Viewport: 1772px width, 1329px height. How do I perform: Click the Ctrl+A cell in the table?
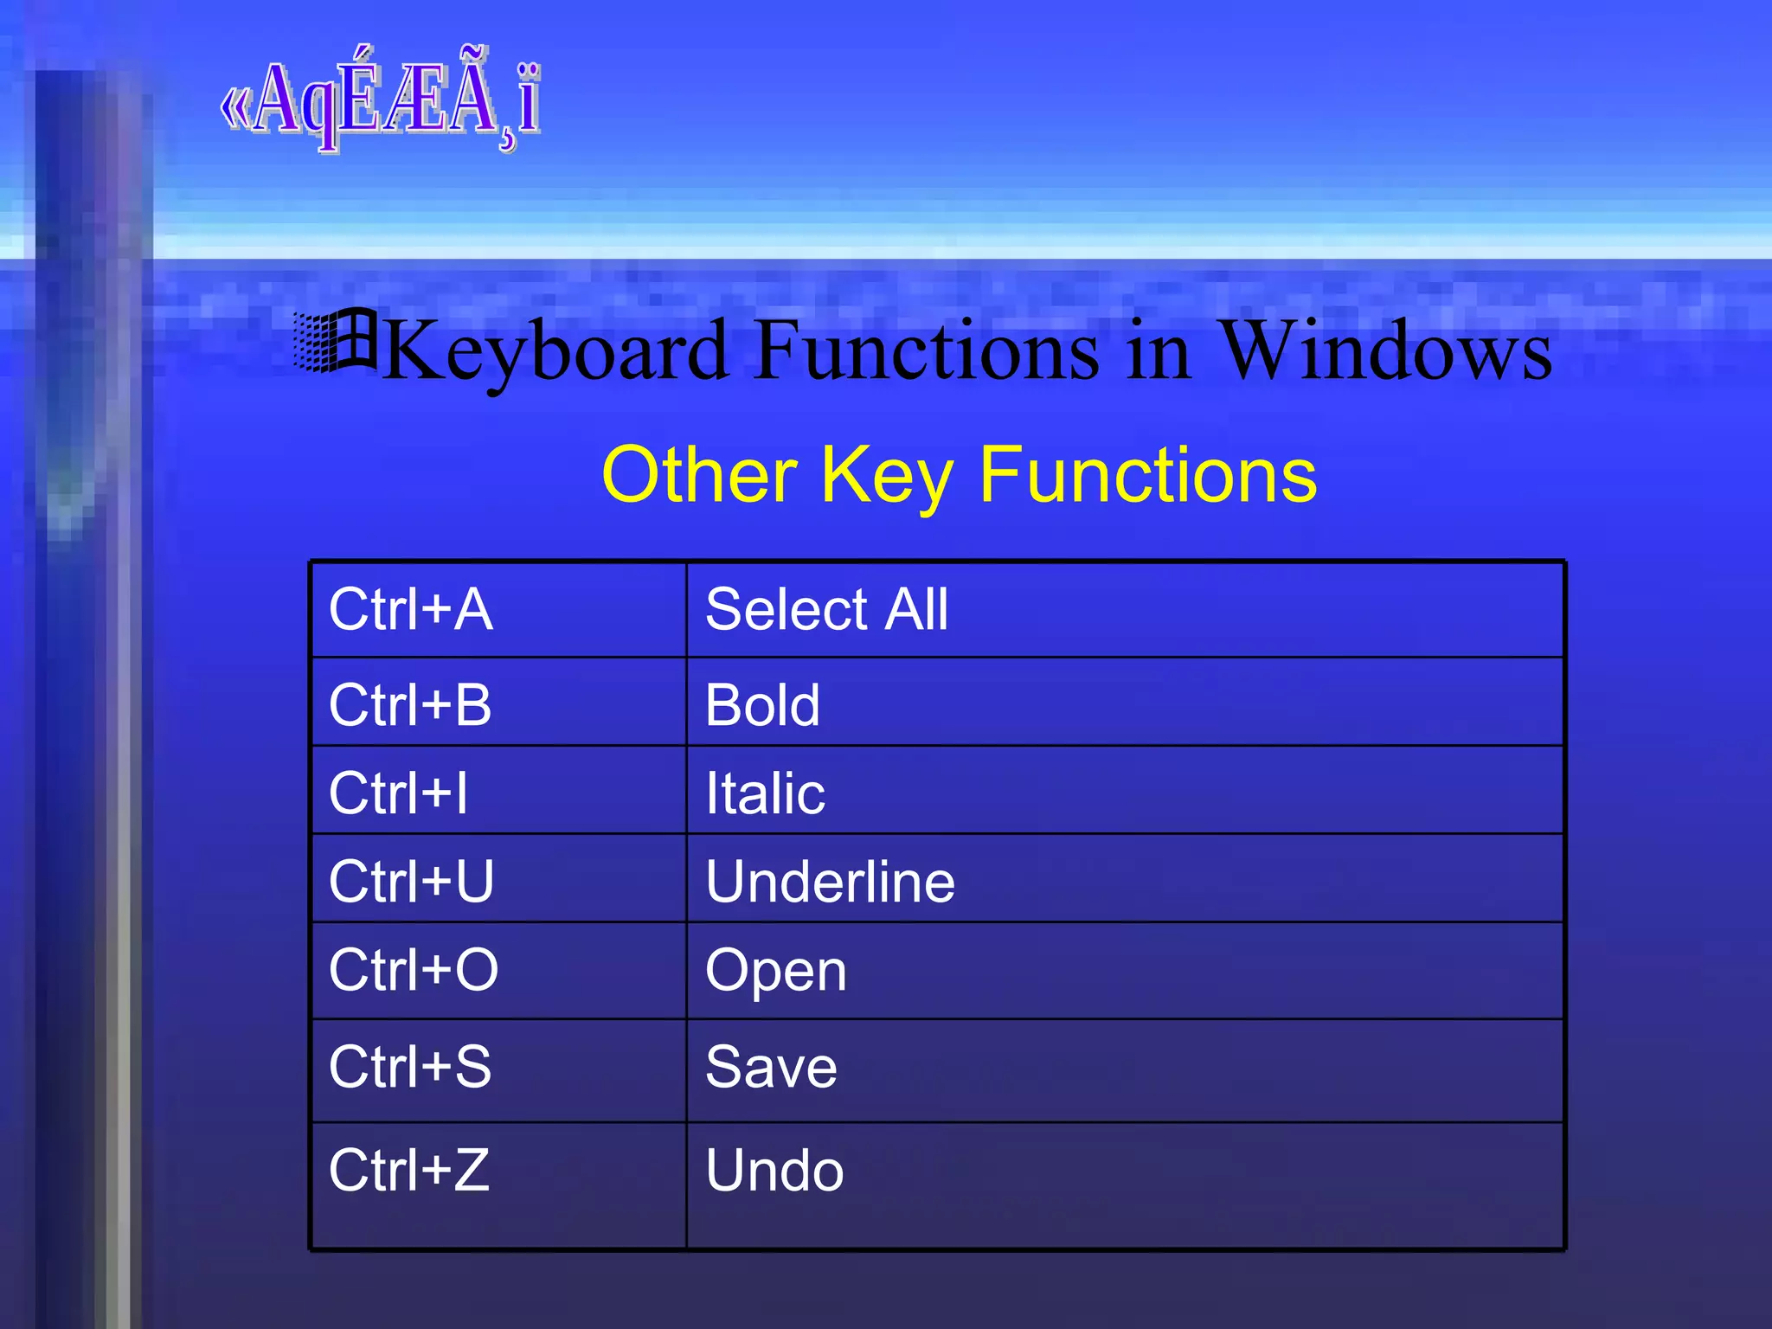tap(411, 609)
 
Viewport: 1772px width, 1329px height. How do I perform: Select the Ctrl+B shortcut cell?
tap(410, 704)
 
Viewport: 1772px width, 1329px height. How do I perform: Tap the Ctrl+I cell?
tap(398, 793)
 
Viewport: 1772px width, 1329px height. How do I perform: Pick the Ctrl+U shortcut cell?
tap(411, 881)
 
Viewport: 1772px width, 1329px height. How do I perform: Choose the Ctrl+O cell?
tap(414, 969)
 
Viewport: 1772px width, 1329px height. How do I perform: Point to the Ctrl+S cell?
tap(410, 1066)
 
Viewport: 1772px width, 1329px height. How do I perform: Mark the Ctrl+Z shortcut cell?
tap(409, 1170)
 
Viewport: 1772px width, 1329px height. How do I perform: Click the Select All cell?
tap(826, 609)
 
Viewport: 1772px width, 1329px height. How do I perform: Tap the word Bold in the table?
tap(762, 704)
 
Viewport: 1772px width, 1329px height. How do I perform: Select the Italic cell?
tap(765, 793)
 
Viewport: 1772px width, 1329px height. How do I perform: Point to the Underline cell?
tap(830, 881)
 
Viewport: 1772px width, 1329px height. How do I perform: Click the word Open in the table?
tap(775, 971)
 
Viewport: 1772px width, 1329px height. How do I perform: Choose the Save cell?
tap(771, 1066)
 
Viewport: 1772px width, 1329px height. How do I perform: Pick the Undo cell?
tap(774, 1170)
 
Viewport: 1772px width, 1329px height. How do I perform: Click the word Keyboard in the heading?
tap(555, 350)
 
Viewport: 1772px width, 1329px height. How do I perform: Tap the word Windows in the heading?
tap(1385, 350)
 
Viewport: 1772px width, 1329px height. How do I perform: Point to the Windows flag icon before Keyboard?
tap(335, 341)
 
